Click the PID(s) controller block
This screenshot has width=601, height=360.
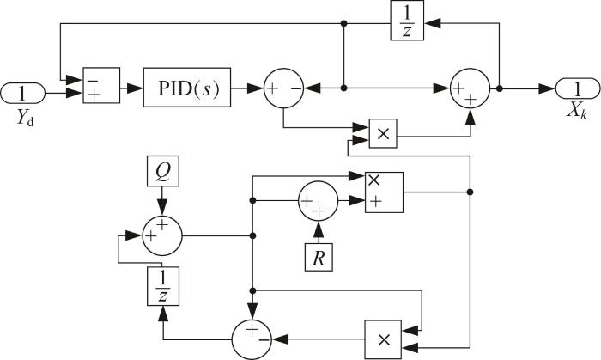tap(187, 88)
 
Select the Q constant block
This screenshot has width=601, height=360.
tap(163, 171)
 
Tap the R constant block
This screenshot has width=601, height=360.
tap(319, 257)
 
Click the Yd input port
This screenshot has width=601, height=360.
tap(22, 93)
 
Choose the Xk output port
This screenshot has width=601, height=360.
tap(578, 88)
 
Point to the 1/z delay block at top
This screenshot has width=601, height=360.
tap(407, 21)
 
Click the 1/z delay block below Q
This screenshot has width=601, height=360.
tap(163, 286)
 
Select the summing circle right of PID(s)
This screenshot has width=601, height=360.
tap(283, 88)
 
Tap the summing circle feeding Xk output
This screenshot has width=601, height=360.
tap(470, 88)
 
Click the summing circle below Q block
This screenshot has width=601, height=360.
tap(162, 235)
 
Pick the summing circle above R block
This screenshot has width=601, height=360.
tap(319, 201)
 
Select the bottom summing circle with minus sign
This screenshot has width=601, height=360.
tap(252, 339)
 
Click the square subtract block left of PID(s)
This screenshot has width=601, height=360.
tap(101, 86)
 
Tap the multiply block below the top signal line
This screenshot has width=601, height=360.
tap(383, 133)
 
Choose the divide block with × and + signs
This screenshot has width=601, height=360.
tap(384, 192)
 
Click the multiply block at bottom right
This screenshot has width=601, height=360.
tap(383, 339)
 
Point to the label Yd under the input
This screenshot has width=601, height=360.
tap(25, 118)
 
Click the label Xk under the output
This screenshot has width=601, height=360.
tap(577, 112)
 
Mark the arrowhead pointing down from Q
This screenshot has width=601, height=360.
tap(162, 208)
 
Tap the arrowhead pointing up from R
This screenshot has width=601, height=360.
tap(319, 229)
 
